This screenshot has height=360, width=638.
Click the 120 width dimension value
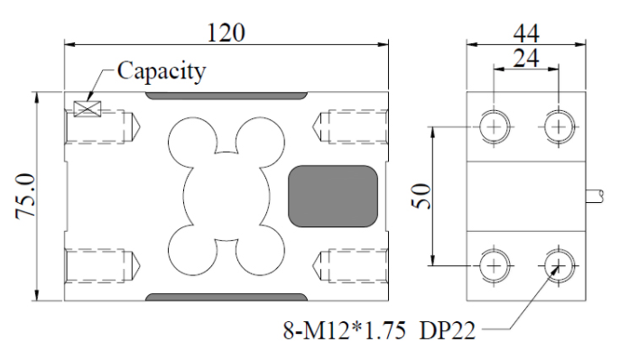[227, 32]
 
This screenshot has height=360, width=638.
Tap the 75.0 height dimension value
[25, 197]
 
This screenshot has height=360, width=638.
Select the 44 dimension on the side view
[526, 33]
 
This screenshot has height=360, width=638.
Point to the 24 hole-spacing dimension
[526, 58]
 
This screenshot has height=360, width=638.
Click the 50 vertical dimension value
[421, 196]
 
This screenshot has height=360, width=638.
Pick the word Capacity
[162, 71]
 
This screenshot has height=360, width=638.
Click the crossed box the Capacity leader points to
[87, 108]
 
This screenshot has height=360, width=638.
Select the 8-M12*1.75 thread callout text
[344, 330]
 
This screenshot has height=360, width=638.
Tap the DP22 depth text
[447, 330]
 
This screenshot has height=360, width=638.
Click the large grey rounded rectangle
[333, 196]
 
